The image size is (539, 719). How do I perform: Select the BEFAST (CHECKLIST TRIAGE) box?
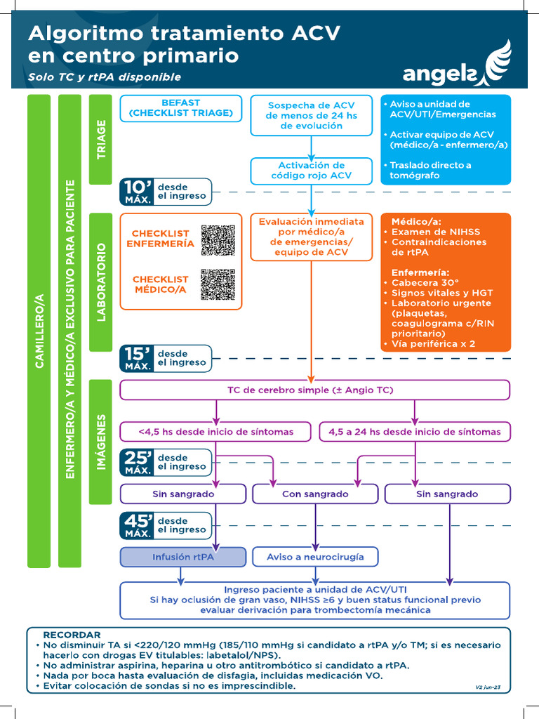[x=180, y=108]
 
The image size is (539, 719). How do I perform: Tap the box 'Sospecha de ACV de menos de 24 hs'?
[x=311, y=116]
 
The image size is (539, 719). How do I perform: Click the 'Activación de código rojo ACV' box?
[x=311, y=170]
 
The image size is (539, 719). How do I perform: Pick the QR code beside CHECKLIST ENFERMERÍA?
[x=218, y=239]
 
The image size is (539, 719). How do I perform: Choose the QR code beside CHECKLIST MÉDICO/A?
[x=218, y=284]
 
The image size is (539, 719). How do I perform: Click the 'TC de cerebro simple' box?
[x=314, y=390]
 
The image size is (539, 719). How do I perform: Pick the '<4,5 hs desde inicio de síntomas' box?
[x=215, y=432]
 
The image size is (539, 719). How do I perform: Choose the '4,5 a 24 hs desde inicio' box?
[x=415, y=432]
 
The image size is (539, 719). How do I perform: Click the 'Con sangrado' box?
[x=315, y=494]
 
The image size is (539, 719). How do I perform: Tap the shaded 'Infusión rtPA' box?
[x=182, y=557]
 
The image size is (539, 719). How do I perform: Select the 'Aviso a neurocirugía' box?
[x=315, y=557]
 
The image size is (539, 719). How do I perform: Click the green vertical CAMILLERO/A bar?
[x=39, y=330]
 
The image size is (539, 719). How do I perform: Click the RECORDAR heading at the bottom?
[x=72, y=635]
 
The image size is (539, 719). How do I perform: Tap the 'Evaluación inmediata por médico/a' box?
[x=311, y=237]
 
